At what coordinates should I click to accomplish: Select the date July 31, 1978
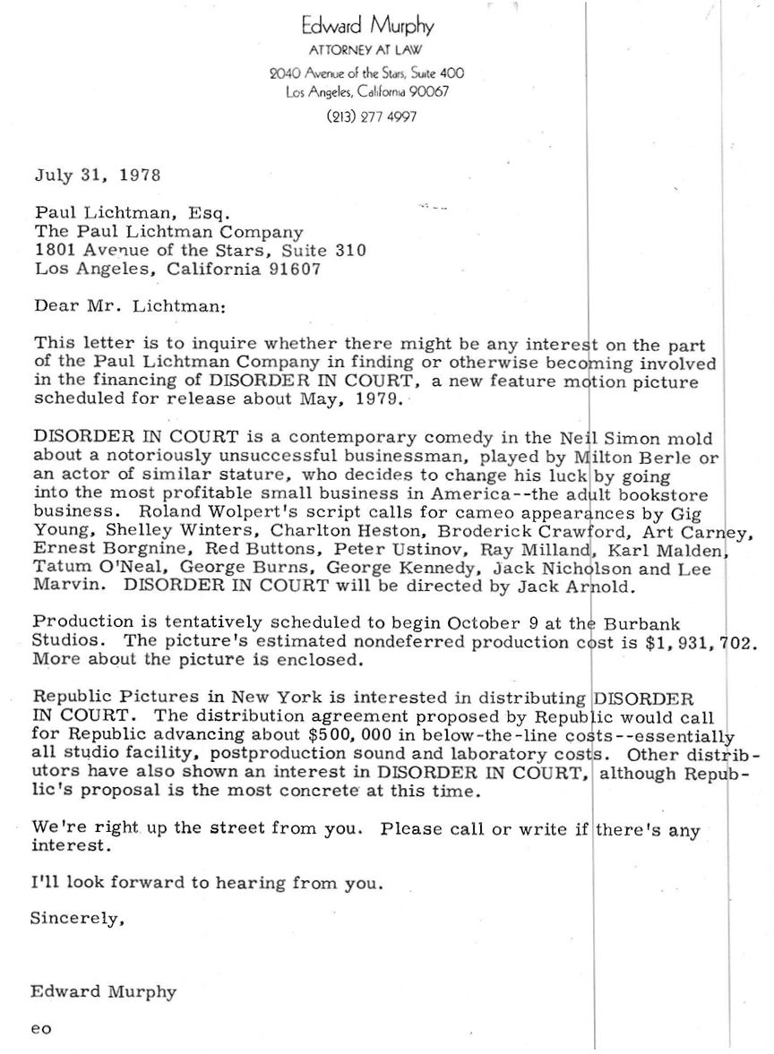[x=98, y=175]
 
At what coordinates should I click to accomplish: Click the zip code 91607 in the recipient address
[x=294, y=269]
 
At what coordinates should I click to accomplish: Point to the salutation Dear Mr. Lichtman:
[x=131, y=305]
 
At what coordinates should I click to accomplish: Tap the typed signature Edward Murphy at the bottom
[x=103, y=991]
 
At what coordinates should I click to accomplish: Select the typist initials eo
[x=41, y=1029]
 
